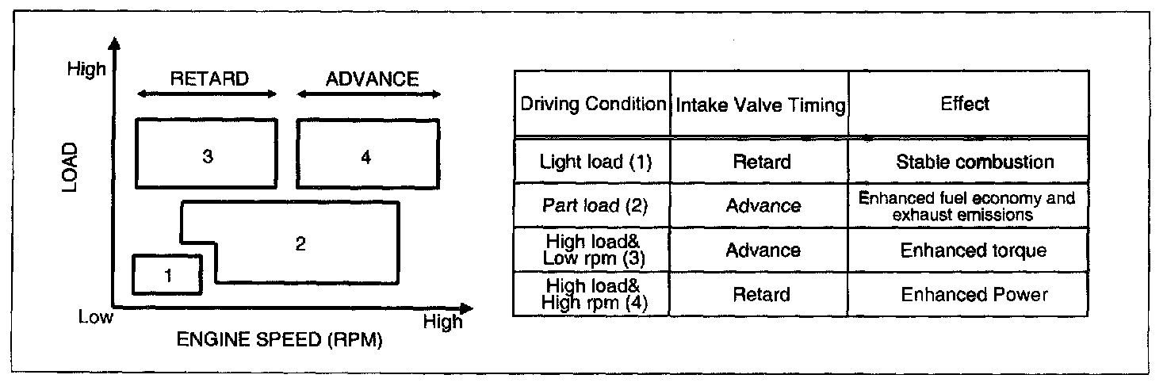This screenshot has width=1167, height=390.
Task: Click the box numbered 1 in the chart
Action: click(167, 275)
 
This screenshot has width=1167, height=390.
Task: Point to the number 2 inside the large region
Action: click(300, 243)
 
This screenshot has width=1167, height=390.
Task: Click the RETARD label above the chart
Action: click(209, 78)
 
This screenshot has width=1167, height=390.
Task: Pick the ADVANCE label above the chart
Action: click(372, 78)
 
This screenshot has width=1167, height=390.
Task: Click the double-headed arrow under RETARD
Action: click(207, 94)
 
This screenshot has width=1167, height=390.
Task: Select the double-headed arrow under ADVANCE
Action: click(369, 94)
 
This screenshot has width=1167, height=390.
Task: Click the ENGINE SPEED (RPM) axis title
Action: click(268, 341)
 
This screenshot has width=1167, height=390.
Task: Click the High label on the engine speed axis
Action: click(442, 322)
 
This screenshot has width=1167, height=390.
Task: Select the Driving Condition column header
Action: click(592, 105)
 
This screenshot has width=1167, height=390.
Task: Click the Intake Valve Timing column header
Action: click(760, 105)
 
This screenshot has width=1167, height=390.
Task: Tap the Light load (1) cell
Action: click(592, 162)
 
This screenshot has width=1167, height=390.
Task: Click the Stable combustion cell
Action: click(975, 162)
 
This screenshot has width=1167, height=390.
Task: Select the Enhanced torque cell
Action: click(974, 250)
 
